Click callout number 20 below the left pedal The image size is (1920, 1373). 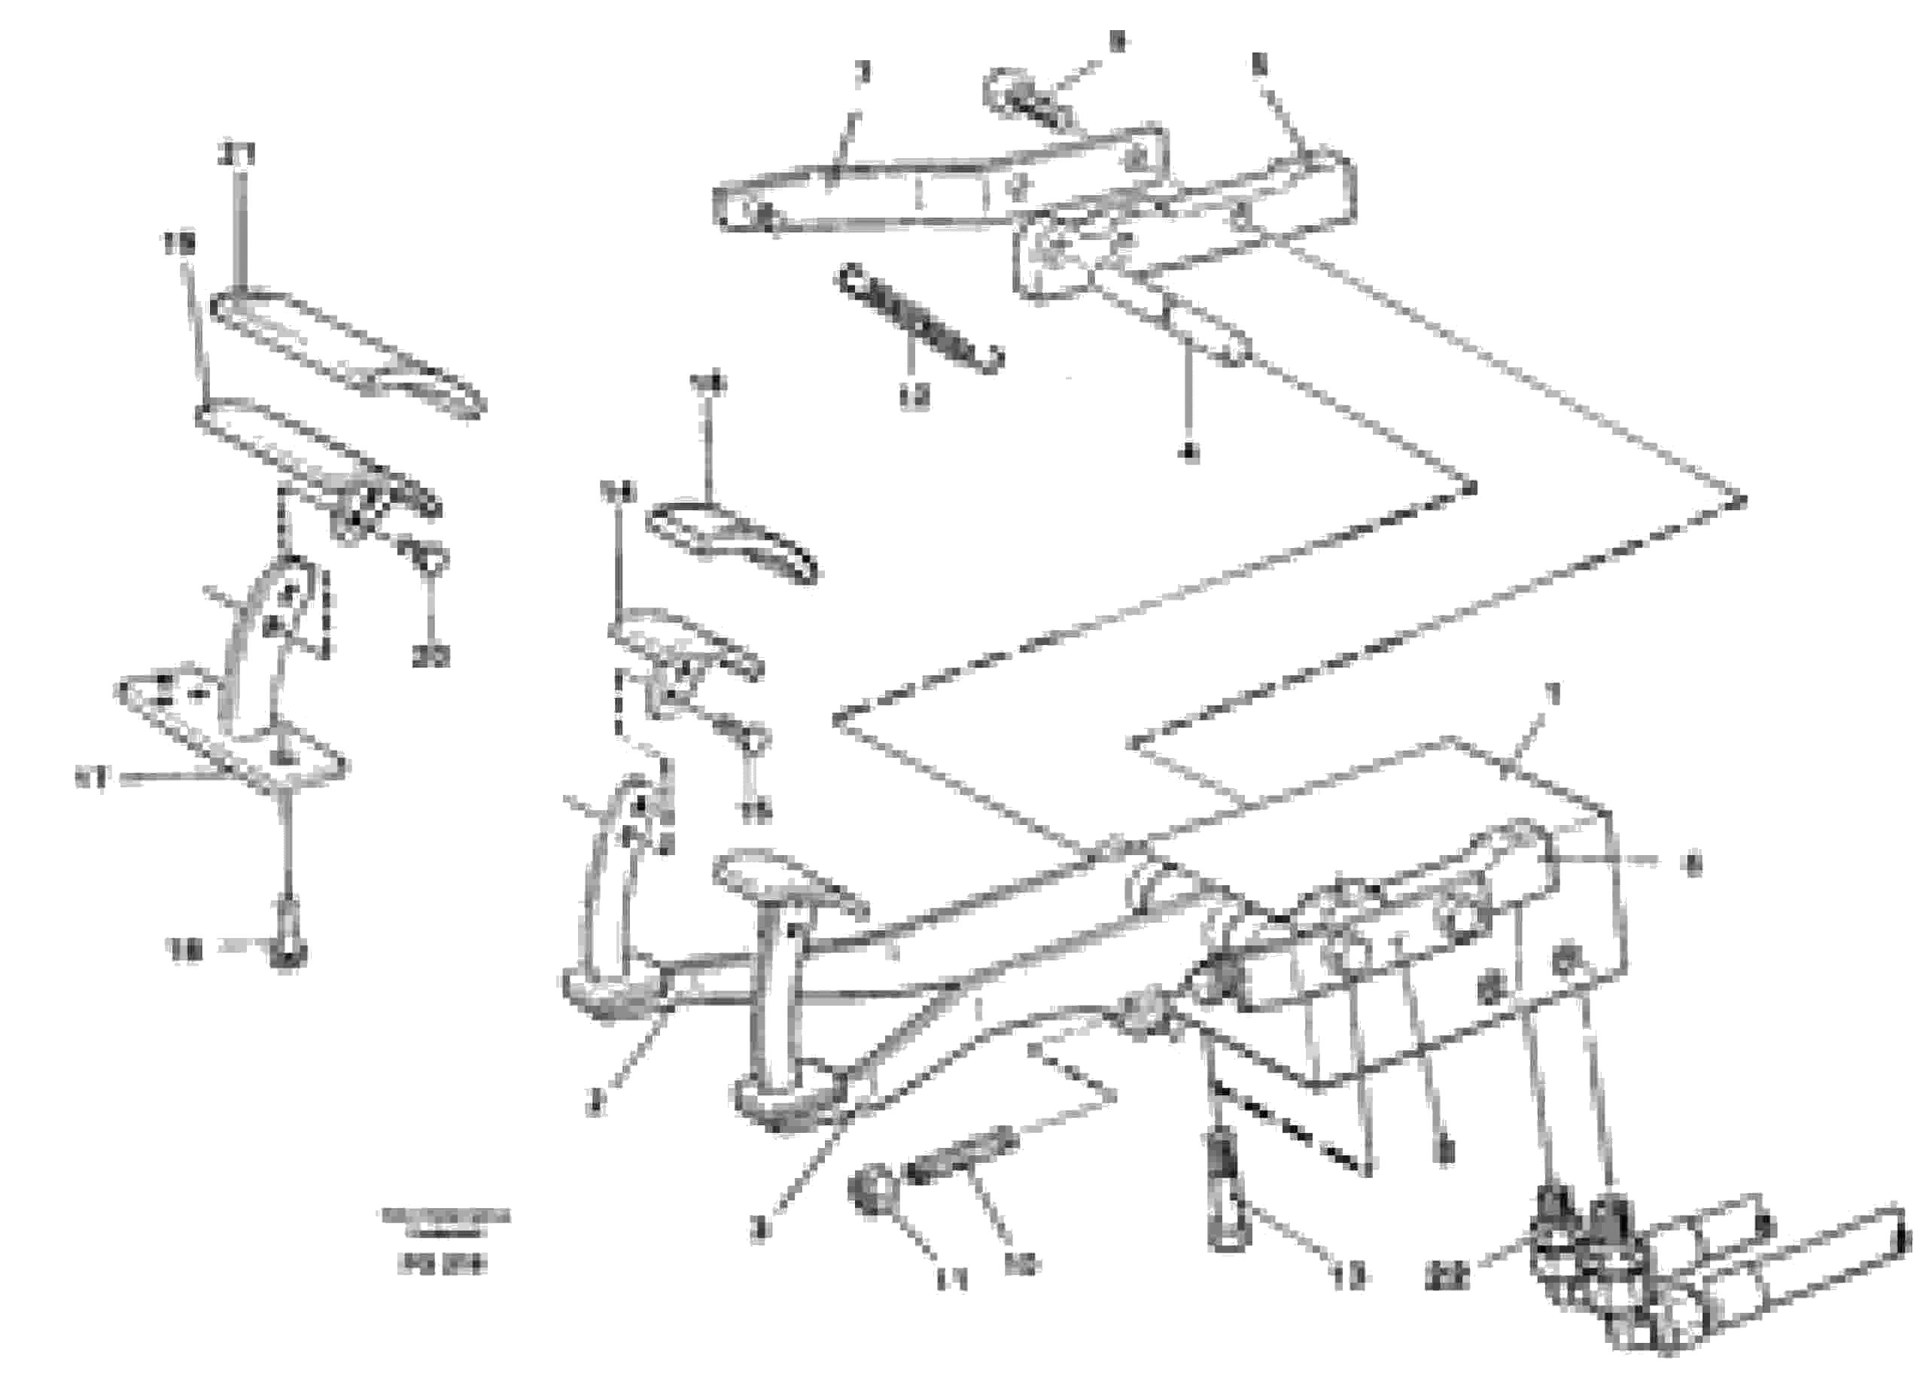coord(431,655)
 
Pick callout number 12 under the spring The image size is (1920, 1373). coord(914,397)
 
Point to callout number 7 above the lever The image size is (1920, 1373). coord(861,75)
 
